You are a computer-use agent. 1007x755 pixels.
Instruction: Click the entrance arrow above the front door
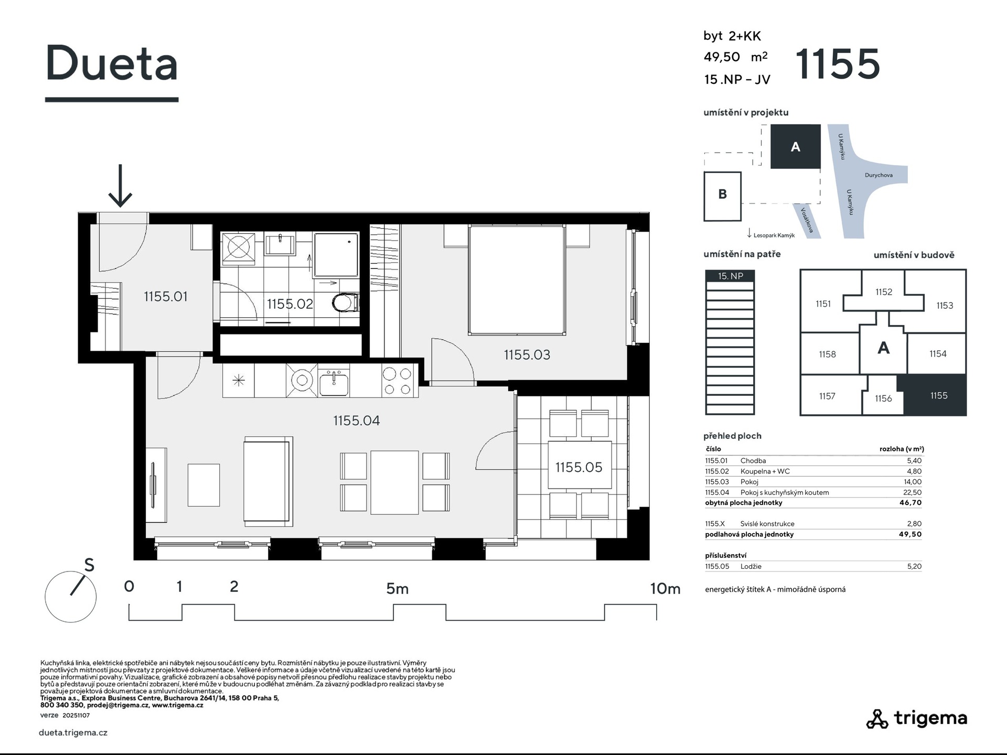120,186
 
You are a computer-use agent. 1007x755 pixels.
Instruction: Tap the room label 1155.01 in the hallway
165,297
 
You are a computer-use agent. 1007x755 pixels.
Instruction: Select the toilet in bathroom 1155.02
346,303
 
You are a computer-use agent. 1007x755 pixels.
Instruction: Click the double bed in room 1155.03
517,280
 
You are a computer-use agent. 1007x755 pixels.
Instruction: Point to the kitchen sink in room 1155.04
334,381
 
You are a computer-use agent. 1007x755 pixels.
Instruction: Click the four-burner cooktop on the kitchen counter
398,381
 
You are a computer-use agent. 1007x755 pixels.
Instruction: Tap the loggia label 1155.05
579,467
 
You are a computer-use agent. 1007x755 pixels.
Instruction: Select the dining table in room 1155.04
395,482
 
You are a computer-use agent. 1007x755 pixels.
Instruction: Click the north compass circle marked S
71,597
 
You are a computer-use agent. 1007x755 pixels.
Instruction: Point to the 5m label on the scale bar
397,589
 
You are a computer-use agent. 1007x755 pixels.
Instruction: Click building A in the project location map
795,146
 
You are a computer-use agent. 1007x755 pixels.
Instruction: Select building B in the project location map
722,196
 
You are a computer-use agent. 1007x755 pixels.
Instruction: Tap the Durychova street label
879,175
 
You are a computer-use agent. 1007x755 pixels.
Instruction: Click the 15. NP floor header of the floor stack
730,276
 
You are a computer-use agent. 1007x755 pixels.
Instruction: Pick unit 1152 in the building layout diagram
884,292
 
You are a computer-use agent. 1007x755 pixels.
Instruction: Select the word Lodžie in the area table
751,566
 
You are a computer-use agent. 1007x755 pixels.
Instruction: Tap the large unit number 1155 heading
838,64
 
